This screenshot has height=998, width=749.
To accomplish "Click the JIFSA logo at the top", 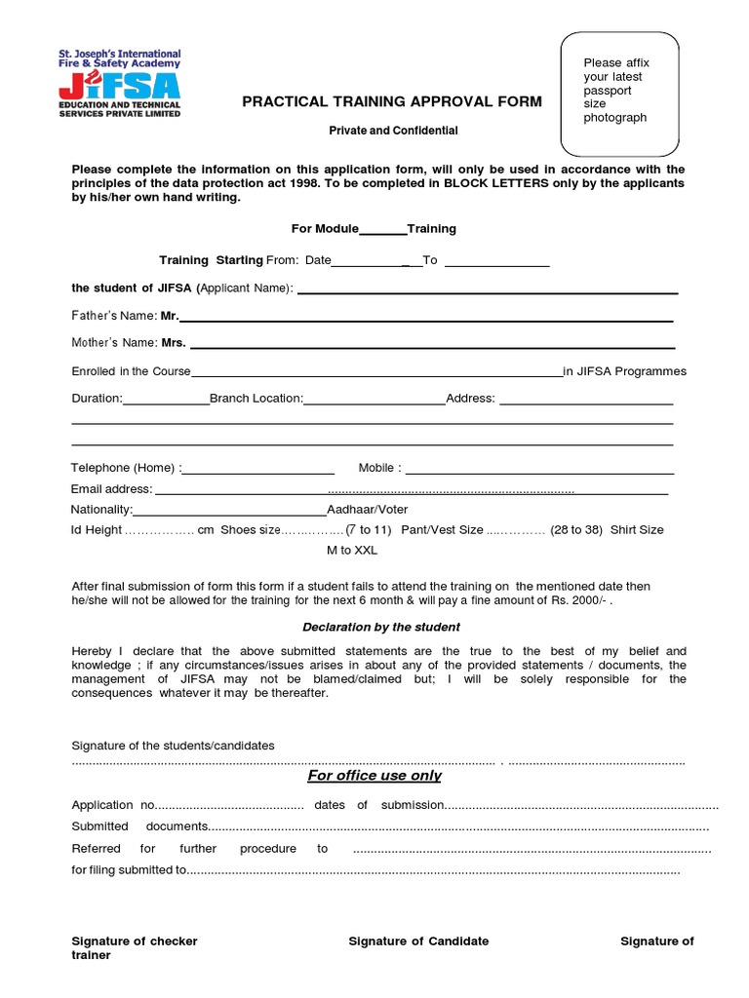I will (x=119, y=84).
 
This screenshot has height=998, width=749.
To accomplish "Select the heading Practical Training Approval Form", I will (x=392, y=102).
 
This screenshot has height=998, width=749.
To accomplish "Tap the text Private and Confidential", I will (x=392, y=131).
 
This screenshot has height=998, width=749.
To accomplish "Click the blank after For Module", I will (x=383, y=230).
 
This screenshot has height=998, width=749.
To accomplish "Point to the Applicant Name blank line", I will (x=488, y=290).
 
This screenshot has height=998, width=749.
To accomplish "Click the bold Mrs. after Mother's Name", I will (x=174, y=343).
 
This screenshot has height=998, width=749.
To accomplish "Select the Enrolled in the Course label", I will (x=132, y=371).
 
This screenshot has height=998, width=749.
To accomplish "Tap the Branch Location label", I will (x=256, y=399).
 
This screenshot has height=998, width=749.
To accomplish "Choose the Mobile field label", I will (x=379, y=469).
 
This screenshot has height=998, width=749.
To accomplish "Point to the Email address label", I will (x=111, y=489).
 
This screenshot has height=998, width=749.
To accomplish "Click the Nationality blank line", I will (x=229, y=512).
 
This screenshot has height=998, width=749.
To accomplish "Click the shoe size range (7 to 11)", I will (x=369, y=530).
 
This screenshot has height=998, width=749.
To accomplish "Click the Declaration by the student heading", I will (x=381, y=627).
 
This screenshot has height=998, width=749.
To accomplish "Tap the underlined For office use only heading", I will (x=374, y=776).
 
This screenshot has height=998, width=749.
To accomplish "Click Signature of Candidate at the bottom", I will (x=418, y=941).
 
